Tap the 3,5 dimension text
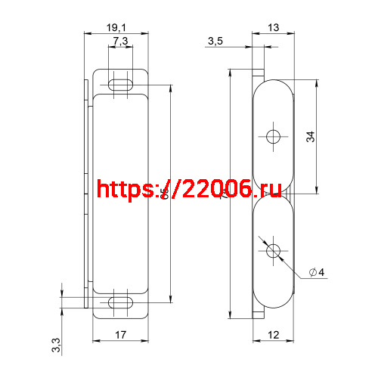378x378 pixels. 215,41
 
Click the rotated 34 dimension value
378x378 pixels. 311,137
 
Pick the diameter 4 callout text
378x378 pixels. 317,272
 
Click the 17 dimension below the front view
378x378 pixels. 121,335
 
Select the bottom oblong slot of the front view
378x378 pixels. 121,302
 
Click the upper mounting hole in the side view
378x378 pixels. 273,137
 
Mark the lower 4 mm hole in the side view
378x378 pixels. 273,249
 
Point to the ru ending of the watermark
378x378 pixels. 270,189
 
